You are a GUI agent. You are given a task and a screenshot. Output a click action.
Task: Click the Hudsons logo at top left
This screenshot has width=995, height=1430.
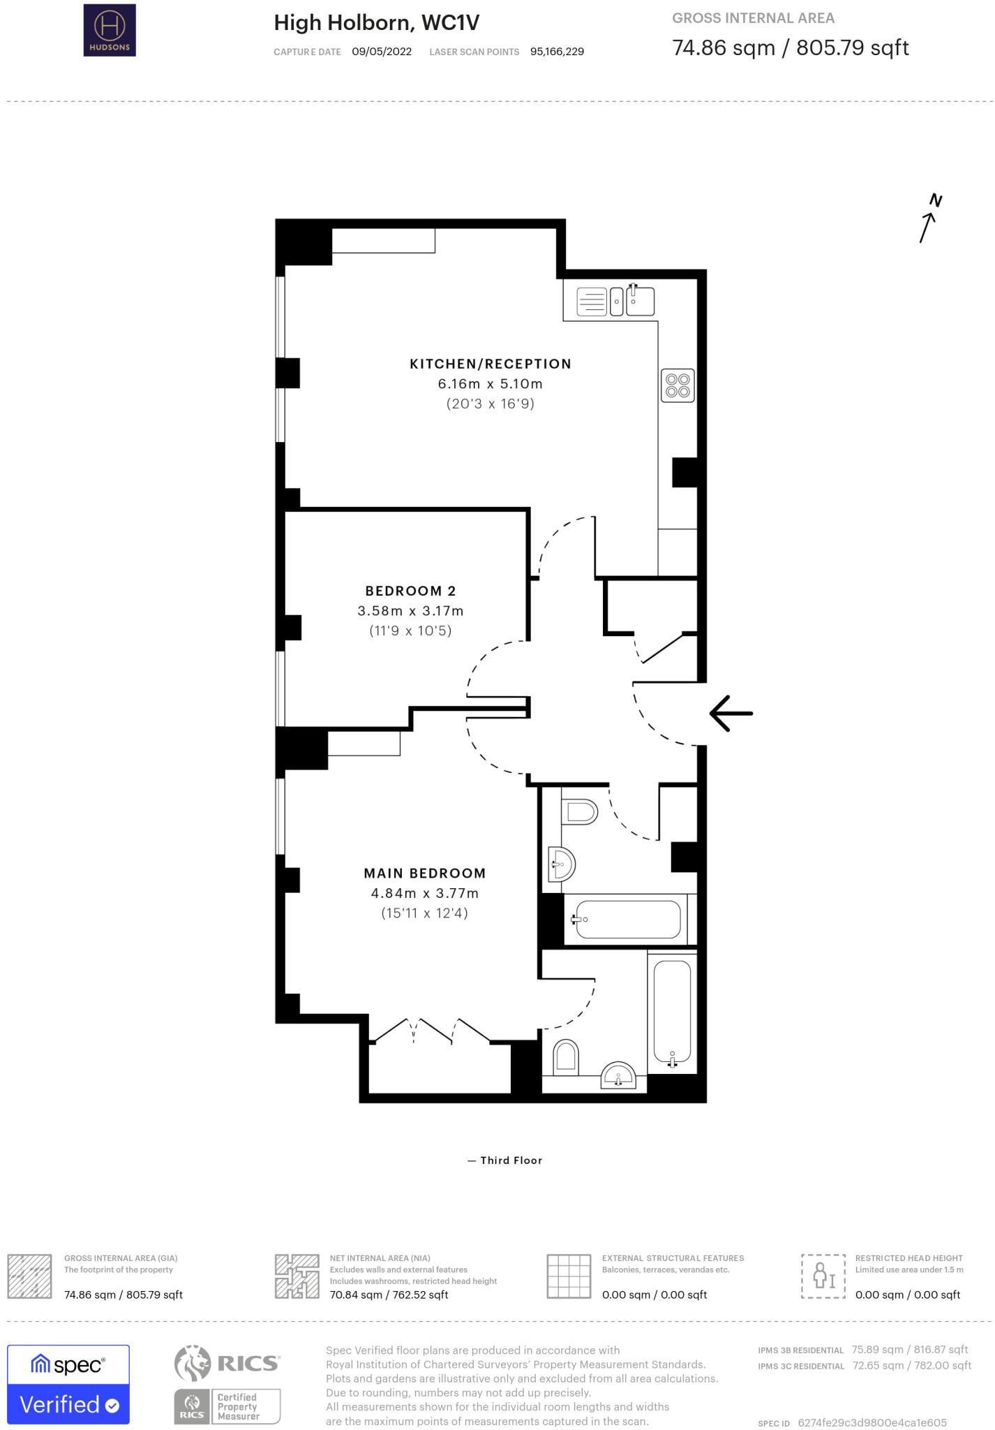110,30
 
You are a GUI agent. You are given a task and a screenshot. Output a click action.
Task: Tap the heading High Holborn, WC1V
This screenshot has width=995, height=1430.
376,23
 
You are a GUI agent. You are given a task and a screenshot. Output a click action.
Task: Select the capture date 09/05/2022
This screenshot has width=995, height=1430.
382,52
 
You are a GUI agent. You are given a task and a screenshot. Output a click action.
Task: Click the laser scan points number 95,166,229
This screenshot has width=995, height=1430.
557,52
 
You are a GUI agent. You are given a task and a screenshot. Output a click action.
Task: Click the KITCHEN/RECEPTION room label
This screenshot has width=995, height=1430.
490,364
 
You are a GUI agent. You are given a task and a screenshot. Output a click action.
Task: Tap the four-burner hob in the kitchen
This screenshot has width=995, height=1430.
678,385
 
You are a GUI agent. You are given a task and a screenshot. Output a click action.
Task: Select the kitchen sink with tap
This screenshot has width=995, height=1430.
639,302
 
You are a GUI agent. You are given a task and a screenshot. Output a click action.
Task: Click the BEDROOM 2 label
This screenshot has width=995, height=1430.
410,591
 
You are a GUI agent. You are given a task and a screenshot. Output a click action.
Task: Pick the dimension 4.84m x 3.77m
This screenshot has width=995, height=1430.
424,893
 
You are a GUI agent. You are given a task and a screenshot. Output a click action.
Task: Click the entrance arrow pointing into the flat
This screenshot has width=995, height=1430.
731,713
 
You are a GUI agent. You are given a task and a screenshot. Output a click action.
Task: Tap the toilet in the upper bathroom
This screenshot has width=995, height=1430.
581,811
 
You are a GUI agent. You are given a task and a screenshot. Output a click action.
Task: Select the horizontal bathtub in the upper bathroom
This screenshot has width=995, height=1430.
627,920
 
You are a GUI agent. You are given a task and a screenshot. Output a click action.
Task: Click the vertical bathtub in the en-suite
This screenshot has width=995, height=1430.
672,1012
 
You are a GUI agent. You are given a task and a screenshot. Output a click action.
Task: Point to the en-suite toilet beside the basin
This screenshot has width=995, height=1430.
566,1059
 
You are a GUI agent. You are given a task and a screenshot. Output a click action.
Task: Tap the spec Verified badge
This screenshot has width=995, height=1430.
68,1384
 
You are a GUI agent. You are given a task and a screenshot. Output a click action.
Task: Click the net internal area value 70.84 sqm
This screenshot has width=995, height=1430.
389,1295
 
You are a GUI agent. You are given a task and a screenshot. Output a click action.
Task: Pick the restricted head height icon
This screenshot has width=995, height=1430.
823,1276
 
